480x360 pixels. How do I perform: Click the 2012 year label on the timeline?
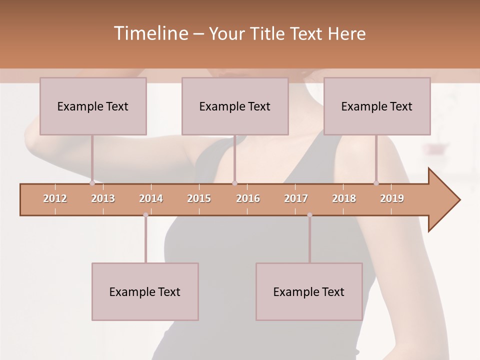point(55,198)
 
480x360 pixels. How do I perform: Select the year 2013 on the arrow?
point(103,198)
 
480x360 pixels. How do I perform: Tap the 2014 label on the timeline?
point(151,198)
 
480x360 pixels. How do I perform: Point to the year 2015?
point(199,198)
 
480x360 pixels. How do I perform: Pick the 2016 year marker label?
point(248,198)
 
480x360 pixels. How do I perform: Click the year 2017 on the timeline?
point(296,198)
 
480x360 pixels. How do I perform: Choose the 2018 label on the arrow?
point(344,198)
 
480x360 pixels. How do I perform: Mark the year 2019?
point(392,198)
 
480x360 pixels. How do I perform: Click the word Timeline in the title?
point(150,33)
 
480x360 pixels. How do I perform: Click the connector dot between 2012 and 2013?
point(92,183)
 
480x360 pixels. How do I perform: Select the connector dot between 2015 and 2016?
point(234,183)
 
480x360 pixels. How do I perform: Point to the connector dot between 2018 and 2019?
point(376,183)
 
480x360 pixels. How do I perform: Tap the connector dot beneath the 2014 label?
point(145,215)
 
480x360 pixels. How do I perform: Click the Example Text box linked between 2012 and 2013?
point(93,106)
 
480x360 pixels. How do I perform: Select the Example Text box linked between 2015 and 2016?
point(235,106)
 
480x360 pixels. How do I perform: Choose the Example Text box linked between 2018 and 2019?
point(377,106)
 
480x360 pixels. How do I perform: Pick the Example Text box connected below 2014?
point(145,291)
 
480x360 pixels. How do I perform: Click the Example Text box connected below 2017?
point(309,291)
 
